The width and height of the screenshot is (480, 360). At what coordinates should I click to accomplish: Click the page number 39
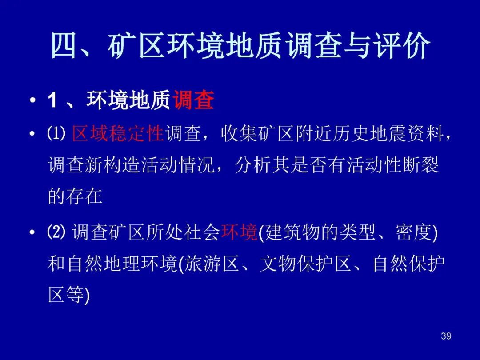(x=446, y=336)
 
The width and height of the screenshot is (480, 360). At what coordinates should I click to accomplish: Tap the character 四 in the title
(x=63, y=45)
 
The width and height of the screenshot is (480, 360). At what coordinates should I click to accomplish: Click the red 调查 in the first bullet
(x=193, y=100)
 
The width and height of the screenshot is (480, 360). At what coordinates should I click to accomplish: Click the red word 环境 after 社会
(x=239, y=232)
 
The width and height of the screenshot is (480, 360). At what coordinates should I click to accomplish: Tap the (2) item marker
(x=56, y=232)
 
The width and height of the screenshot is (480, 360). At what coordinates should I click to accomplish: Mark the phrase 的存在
(x=75, y=196)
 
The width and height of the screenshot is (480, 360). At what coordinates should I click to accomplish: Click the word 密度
(x=413, y=232)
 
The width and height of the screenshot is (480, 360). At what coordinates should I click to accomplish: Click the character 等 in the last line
(x=75, y=295)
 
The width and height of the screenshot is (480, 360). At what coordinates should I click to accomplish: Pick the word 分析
(x=253, y=165)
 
